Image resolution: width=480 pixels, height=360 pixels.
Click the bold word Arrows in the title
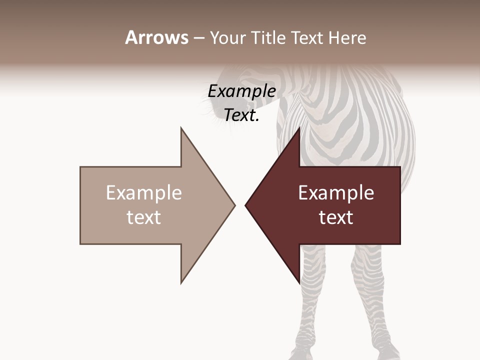point(156,37)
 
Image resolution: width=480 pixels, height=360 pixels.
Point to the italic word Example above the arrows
point(241,91)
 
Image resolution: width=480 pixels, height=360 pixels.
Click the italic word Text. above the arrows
point(241,115)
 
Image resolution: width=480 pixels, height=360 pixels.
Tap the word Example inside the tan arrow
point(144,193)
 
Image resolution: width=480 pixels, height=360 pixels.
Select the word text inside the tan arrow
point(144,217)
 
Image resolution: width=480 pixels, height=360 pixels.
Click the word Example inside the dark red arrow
point(336,193)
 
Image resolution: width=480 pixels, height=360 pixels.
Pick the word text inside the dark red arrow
point(336,217)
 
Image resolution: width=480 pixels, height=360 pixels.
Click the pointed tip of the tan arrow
point(234,205)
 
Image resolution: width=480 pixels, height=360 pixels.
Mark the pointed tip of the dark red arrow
point(245,205)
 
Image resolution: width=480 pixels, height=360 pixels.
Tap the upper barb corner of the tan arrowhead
point(181,128)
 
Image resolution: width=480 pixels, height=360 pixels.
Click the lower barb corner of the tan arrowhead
point(181,283)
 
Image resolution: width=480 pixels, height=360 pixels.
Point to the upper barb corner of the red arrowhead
point(299,128)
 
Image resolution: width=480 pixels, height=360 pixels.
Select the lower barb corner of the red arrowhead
point(299,283)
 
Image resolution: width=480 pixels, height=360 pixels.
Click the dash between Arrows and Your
point(198,38)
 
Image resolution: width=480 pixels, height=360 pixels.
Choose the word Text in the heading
point(308,37)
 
